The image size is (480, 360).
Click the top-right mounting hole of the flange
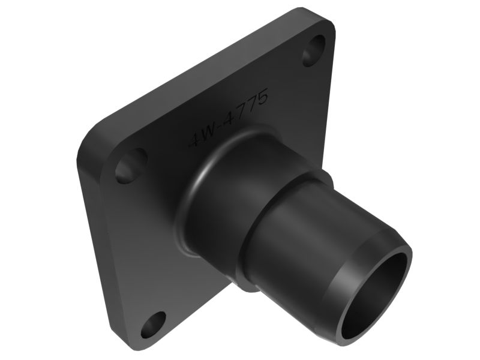coord(314,51)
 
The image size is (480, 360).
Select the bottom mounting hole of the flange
coord(154,324)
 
